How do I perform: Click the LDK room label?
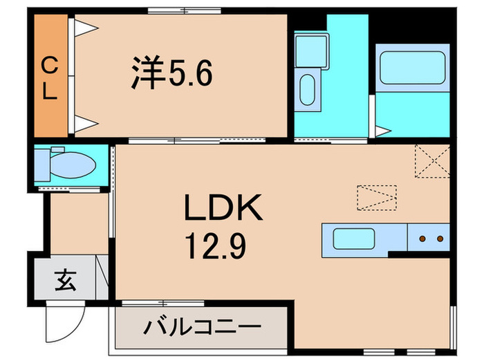click(x=222, y=207)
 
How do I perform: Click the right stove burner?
click(x=438, y=240)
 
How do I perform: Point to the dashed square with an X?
click(x=431, y=162)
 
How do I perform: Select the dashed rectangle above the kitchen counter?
click(x=377, y=197)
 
